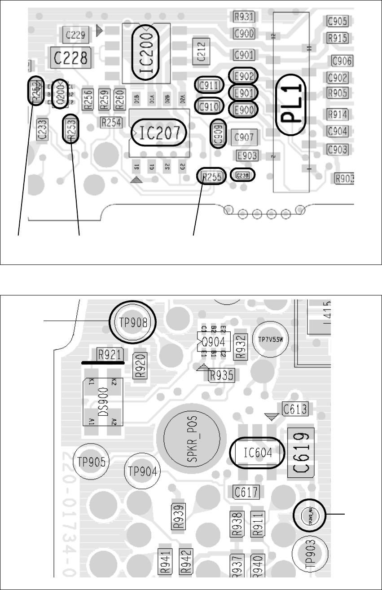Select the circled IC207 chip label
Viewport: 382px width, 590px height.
(158, 133)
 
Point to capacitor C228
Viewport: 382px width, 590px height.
(70, 57)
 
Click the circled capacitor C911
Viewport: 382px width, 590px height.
(208, 85)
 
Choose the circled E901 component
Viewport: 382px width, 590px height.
(243, 93)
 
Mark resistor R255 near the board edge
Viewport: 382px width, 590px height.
(212, 177)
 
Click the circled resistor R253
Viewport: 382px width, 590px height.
(71, 128)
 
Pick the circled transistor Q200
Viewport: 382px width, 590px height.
(59, 94)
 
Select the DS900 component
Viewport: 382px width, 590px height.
(104, 402)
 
